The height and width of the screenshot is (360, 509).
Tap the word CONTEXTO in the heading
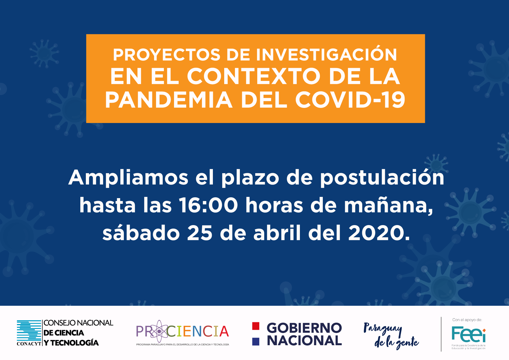[254, 76]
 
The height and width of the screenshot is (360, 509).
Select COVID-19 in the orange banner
[350, 100]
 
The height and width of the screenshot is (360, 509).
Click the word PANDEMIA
[169, 100]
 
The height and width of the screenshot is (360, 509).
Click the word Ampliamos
[128, 178]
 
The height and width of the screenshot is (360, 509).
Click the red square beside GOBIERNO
[256, 326]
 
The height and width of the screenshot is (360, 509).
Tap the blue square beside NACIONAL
[256, 341]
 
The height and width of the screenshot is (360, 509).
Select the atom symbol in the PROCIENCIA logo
[159, 331]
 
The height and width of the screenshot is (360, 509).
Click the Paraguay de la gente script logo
[391, 335]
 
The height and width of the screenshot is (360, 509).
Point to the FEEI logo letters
[468, 334]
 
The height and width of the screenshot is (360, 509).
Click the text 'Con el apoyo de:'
[467, 320]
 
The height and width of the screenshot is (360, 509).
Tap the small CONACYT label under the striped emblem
[29, 344]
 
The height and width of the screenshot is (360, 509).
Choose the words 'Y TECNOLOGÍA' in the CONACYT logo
[71, 343]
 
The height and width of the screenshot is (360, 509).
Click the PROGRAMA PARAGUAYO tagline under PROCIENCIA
[183, 345]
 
